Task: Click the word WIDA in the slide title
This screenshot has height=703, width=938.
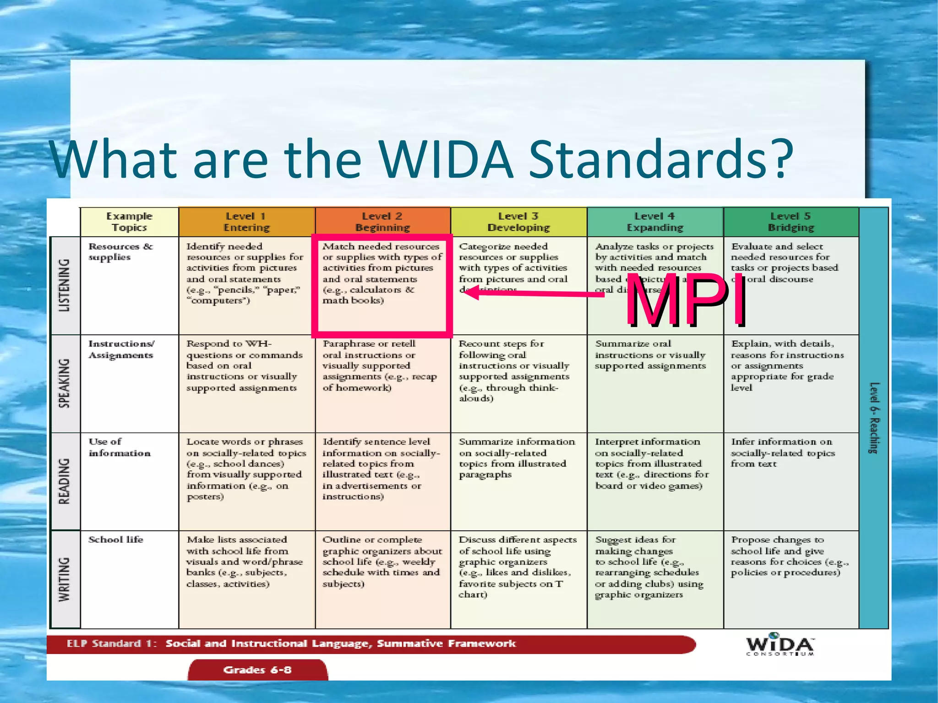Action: click(446, 159)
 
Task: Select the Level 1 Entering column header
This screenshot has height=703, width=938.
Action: click(246, 222)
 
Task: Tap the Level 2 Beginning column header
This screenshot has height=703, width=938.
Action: click(382, 222)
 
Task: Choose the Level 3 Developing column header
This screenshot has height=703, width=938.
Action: click(518, 222)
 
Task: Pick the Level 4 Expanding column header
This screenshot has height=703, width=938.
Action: click(655, 222)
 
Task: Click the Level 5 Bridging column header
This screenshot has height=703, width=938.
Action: click(791, 222)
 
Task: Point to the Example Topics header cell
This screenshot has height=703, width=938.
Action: click(129, 222)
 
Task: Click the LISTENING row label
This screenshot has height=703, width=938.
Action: click(65, 285)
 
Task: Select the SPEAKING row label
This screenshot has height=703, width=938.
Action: click(65, 383)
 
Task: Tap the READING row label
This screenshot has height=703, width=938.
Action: click(65, 481)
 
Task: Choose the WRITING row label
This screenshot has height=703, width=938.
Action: click(65, 579)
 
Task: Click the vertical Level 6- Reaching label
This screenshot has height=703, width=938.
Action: click(874, 418)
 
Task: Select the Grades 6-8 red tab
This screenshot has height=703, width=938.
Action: click(257, 670)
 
